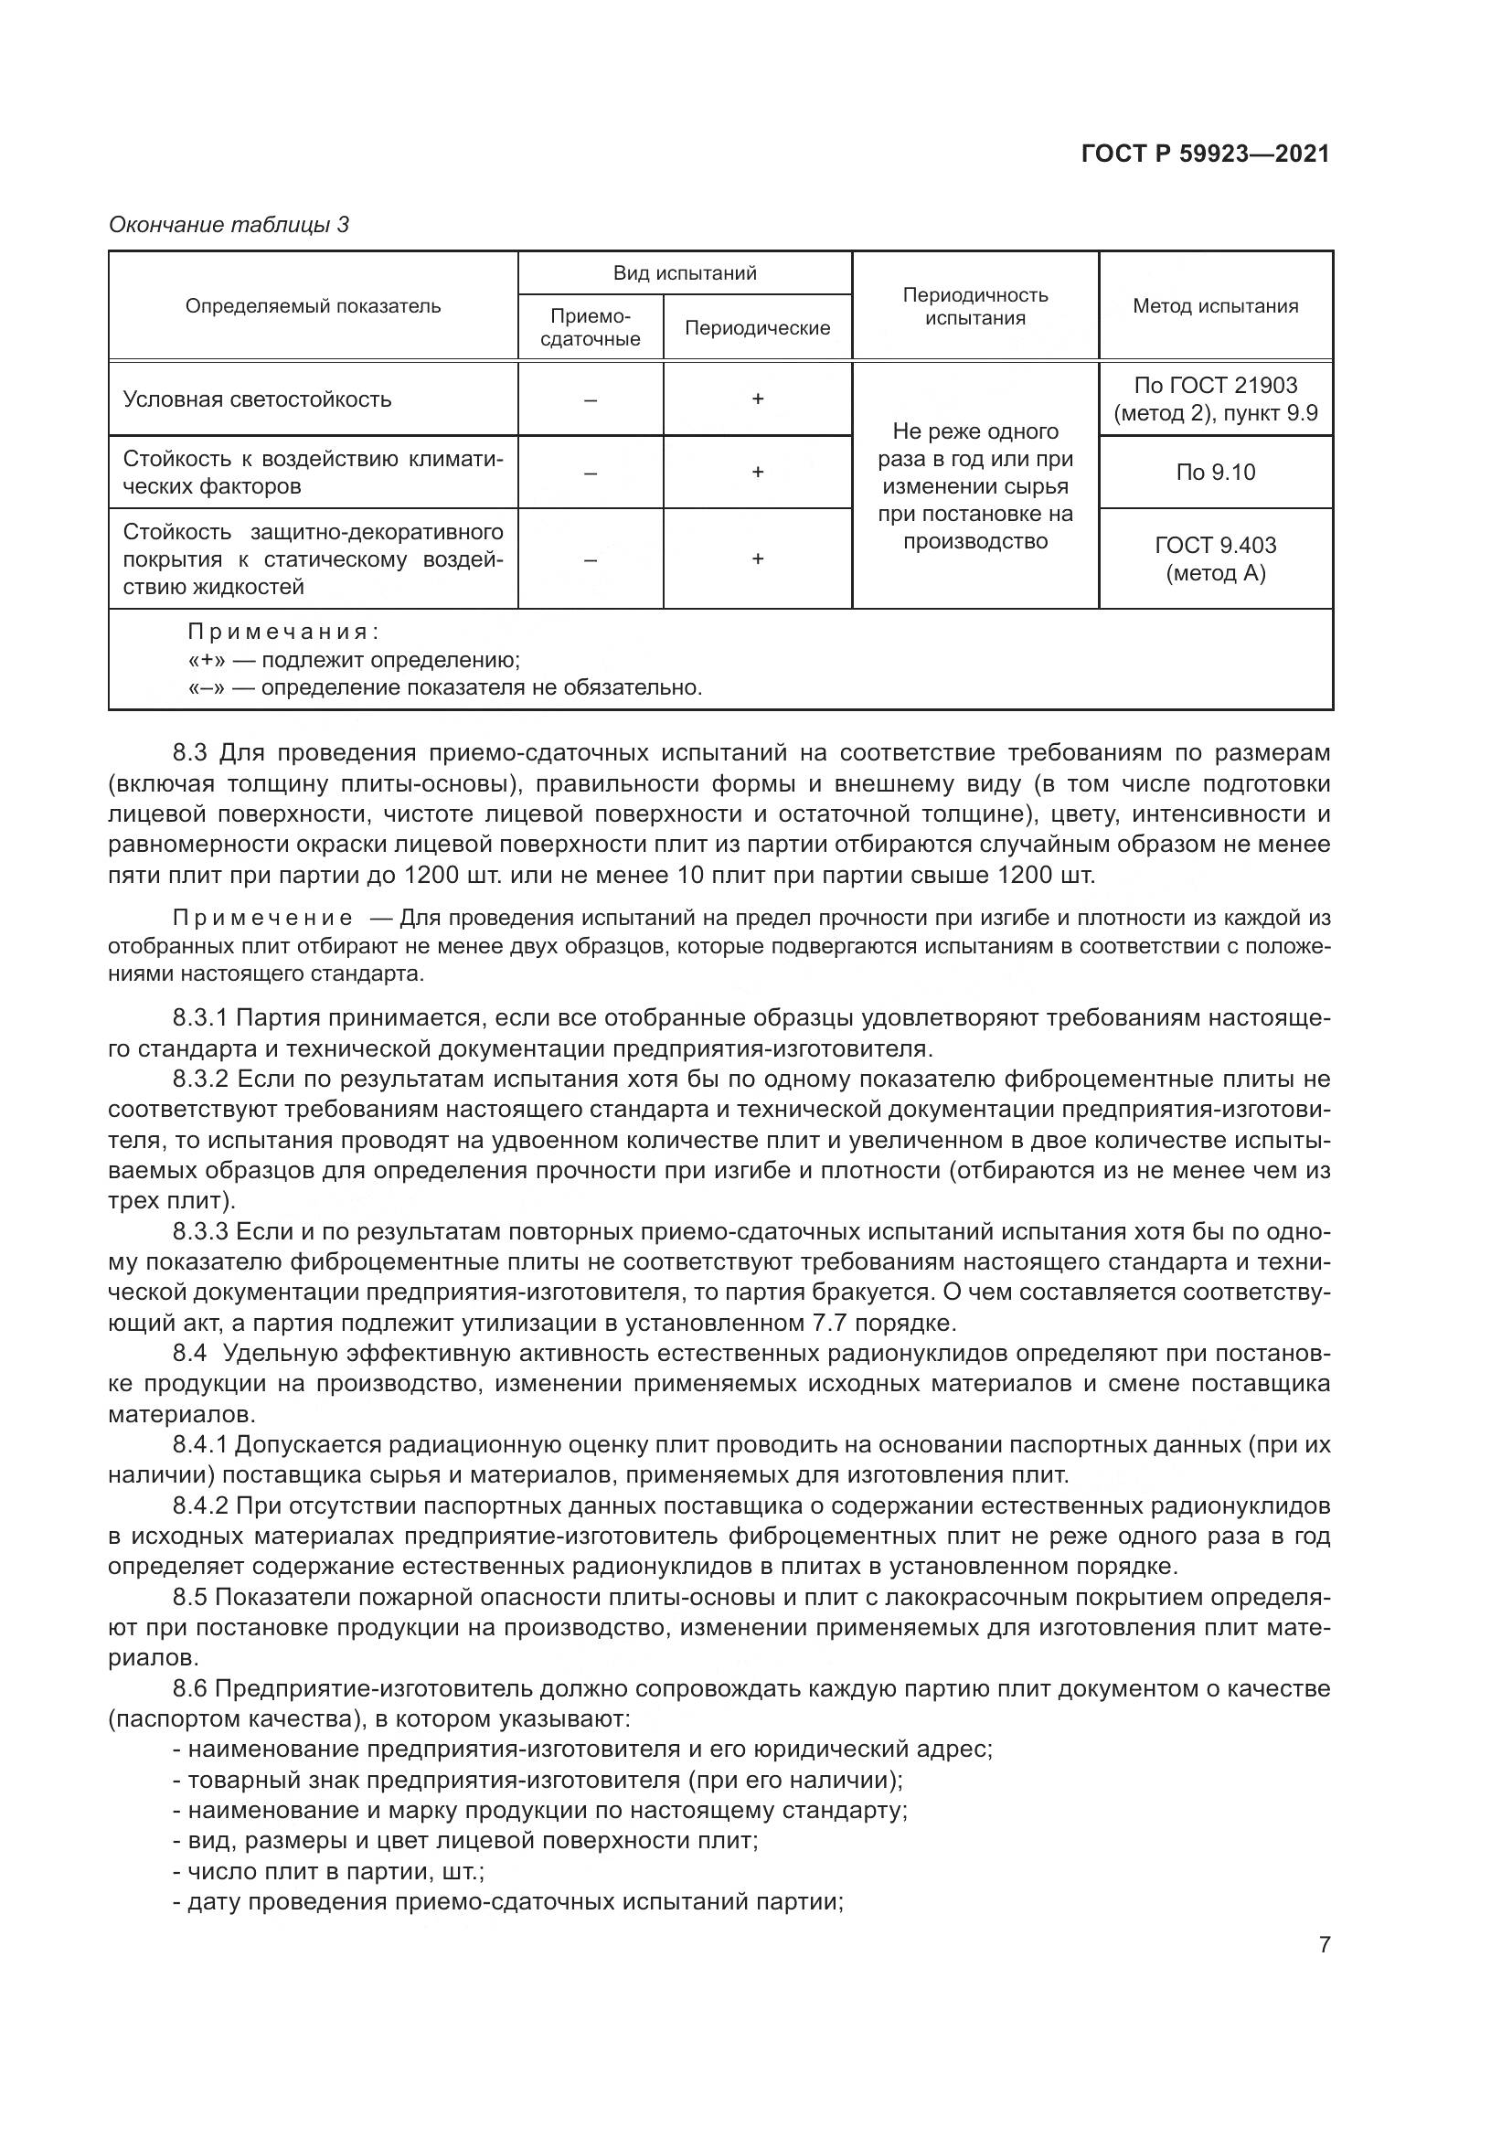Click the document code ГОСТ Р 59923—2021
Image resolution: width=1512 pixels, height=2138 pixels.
click(x=1205, y=154)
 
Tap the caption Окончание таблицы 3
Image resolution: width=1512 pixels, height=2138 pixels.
click(x=229, y=225)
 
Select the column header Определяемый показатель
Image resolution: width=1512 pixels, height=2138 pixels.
click(x=313, y=306)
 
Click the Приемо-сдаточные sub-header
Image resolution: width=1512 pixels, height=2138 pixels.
click(x=591, y=328)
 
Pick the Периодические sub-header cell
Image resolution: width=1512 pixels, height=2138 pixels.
click(x=757, y=328)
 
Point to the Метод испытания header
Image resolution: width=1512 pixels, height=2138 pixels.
click(x=1215, y=306)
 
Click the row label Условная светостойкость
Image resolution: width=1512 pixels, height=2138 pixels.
click(x=257, y=399)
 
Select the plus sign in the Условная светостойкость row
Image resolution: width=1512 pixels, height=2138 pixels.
click(x=758, y=399)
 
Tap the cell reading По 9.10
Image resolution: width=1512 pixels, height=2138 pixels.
click(x=1215, y=472)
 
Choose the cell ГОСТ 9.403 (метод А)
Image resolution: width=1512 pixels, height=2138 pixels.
click(x=1215, y=558)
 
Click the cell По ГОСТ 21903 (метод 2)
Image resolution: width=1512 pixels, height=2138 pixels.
click(x=1215, y=399)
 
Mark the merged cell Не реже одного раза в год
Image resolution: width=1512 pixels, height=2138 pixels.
click(x=974, y=485)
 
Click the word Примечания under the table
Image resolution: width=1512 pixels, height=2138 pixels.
click(x=282, y=633)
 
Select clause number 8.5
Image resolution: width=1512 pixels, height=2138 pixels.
click(x=190, y=1597)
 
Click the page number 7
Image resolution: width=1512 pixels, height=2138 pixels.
click(x=1324, y=1944)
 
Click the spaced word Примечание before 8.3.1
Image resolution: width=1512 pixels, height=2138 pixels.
click(x=262, y=918)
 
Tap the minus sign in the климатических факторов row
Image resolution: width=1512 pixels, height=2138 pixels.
click(x=591, y=472)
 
